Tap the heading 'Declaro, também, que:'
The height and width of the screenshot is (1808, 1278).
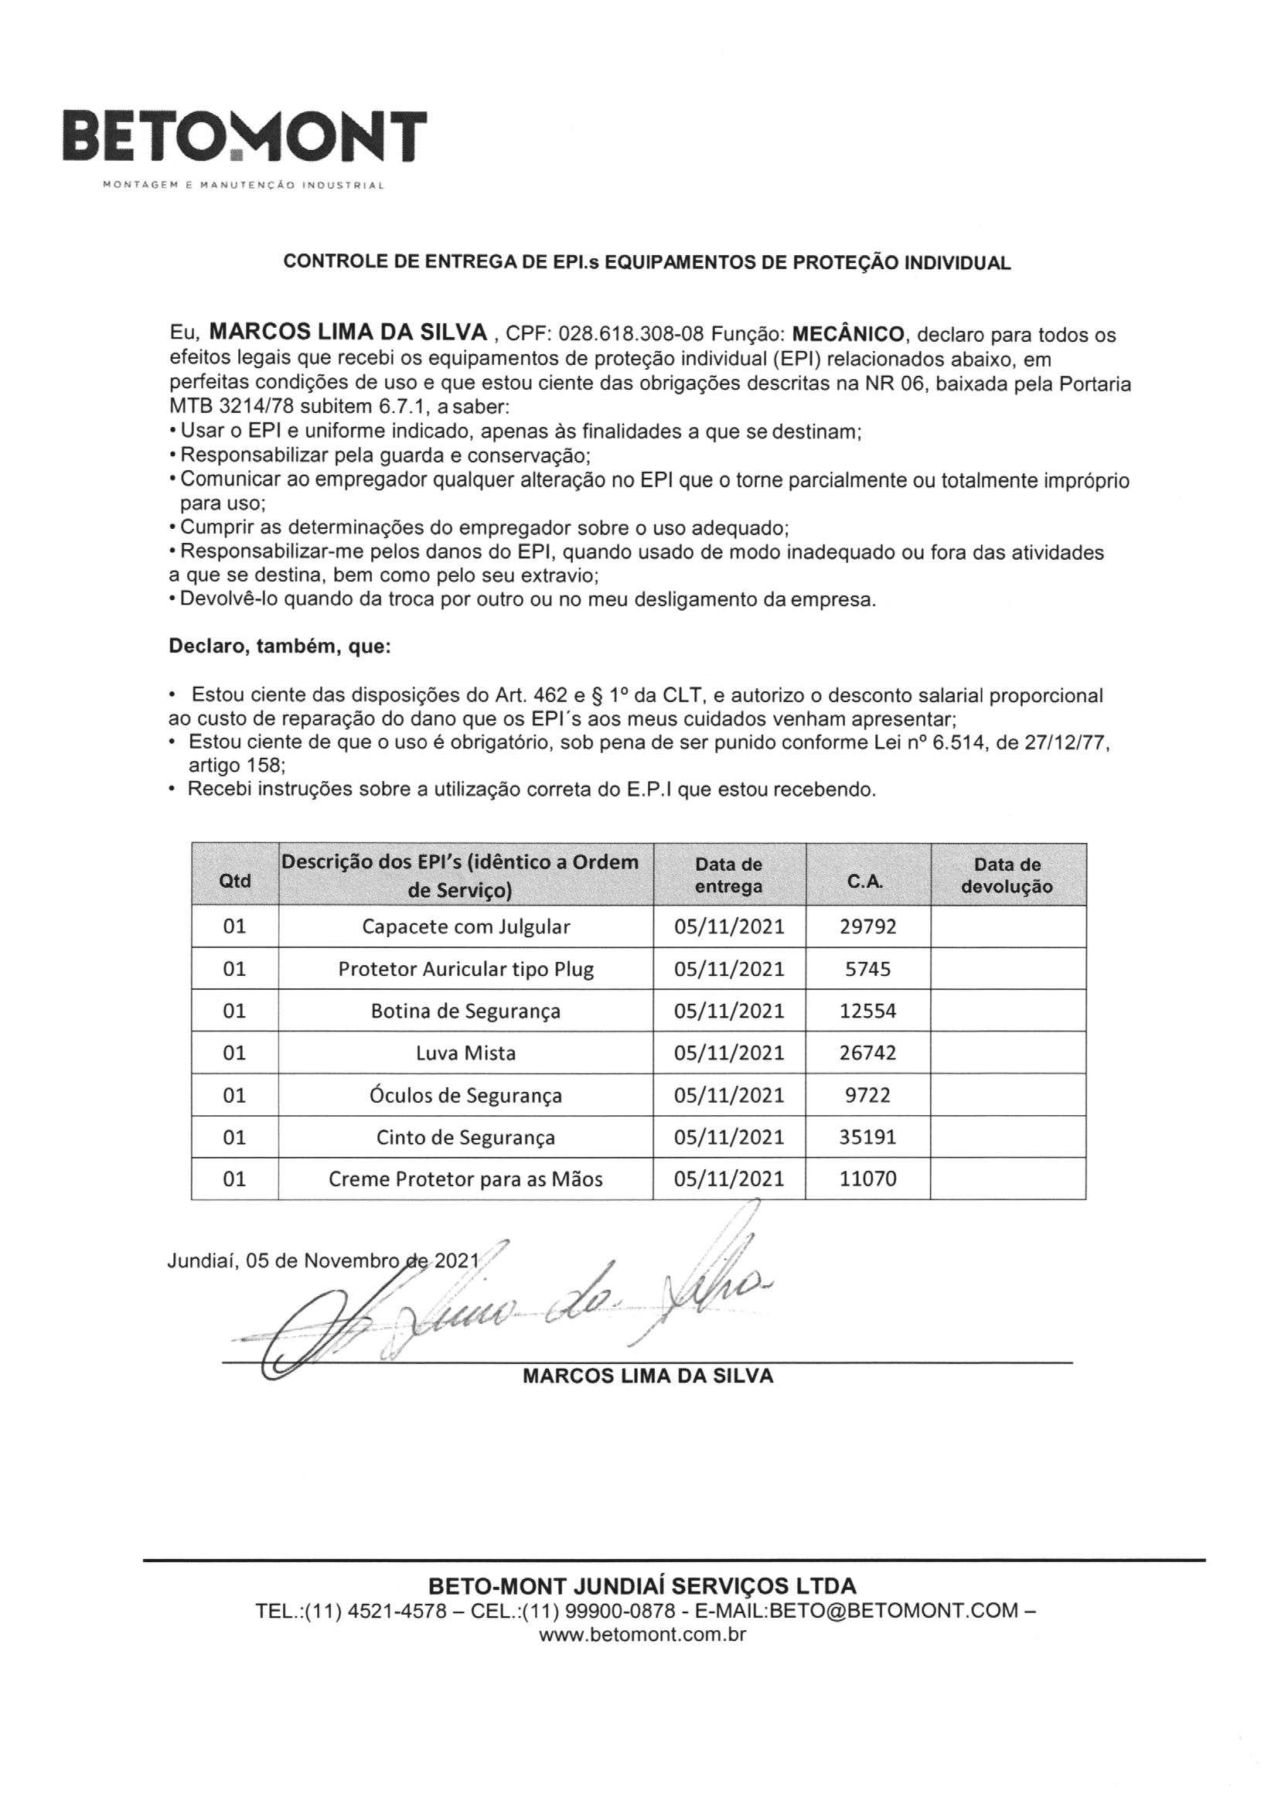pos(280,647)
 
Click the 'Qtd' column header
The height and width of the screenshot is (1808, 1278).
pos(235,880)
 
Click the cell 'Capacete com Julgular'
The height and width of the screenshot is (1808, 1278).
pos(465,926)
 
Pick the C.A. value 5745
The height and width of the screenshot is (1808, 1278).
pos(867,968)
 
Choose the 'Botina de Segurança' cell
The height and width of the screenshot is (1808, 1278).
pos(465,1011)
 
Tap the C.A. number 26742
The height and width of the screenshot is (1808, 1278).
pos(867,1052)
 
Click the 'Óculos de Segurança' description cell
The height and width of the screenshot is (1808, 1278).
pos(465,1095)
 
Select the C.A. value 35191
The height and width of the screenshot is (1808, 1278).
pos(867,1137)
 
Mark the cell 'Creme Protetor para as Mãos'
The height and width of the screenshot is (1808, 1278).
pos(465,1179)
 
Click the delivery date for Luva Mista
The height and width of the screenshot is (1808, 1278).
pos(729,1052)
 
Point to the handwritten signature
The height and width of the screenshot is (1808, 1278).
pos(504,1307)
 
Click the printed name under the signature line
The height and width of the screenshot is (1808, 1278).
pos(647,1376)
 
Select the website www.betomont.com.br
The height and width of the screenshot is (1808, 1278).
pos(642,1634)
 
